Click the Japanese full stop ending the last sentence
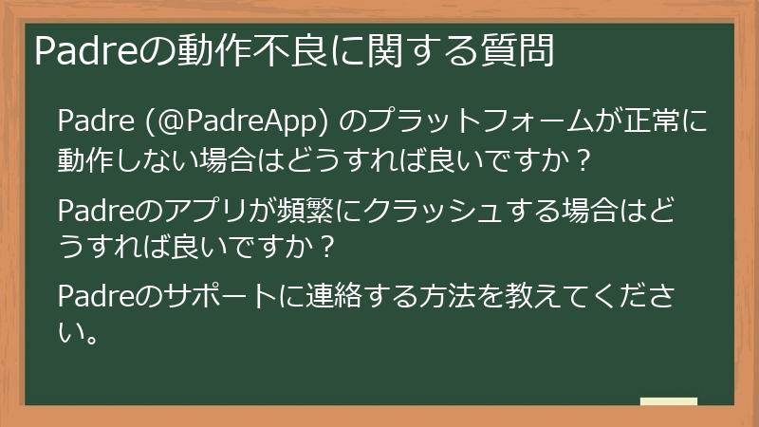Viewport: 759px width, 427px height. point(92,338)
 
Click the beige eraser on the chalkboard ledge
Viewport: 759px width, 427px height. point(669,401)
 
